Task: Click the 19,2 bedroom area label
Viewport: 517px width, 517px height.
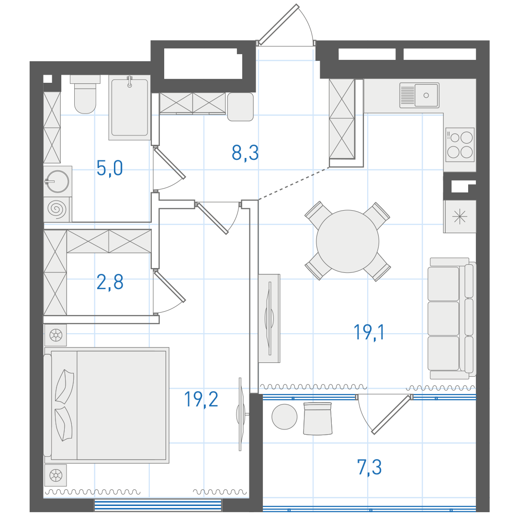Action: [x=201, y=399]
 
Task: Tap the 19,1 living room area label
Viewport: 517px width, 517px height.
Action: [x=369, y=332]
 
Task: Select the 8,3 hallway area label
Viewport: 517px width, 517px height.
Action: [x=245, y=153]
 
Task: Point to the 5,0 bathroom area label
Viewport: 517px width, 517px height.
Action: [x=110, y=168]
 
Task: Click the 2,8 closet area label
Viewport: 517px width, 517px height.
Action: [x=110, y=282]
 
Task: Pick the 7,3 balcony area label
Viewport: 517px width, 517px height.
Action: [x=369, y=467]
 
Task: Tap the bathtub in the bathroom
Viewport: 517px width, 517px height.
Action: [x=130, y=108]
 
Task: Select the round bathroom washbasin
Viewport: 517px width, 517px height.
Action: [x=58, y=181]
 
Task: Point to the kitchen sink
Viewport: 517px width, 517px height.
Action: [x=419, y=95]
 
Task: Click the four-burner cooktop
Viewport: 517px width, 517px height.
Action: [x=460, y=145]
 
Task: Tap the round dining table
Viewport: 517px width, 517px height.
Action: [x=348, y=241]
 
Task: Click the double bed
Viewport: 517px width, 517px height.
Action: [x=106, y=405]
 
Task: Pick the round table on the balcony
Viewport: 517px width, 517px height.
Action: [x=284, y=417]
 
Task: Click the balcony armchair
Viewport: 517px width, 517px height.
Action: [x=317, y=418]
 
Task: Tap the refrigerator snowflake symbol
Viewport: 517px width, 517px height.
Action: [x=460, y=217]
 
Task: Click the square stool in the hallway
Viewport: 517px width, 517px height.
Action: [x=240, y=107]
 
